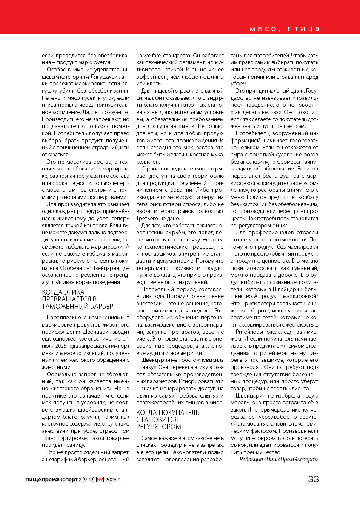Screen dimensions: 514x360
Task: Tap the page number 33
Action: point(313,479)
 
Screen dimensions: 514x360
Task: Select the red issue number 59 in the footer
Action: point(100,480)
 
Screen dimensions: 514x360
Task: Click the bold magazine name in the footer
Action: point(51,480)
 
